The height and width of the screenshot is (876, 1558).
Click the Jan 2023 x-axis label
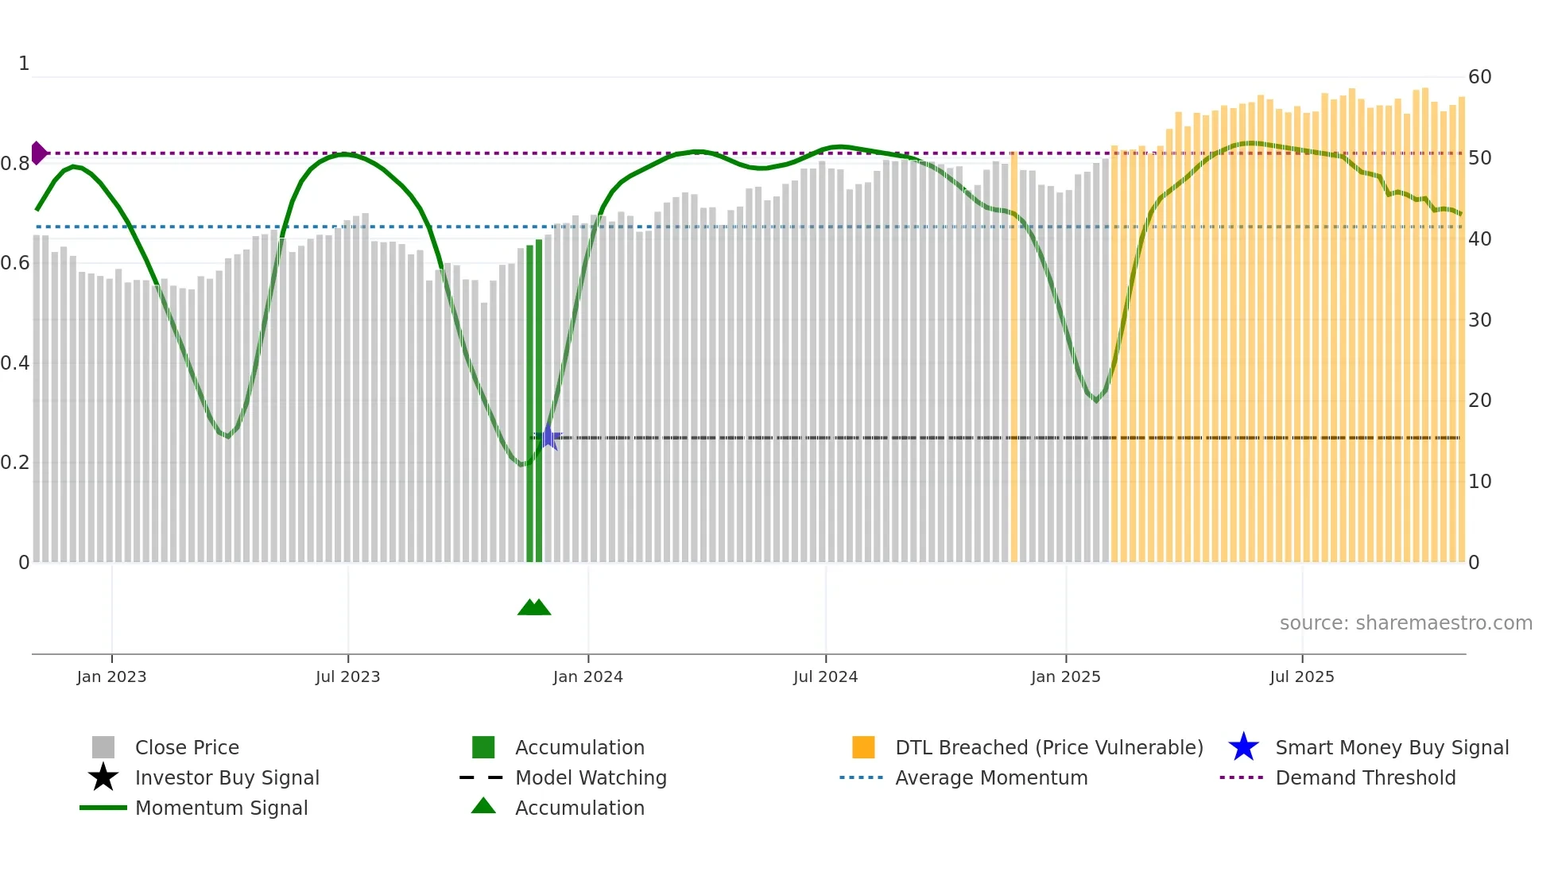111,676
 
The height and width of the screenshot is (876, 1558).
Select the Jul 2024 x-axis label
825,676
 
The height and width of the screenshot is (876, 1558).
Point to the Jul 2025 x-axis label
1301,676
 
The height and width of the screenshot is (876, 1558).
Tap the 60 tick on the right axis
1479,77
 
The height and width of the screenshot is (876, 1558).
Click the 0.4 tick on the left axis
15,363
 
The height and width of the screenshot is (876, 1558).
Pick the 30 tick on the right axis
1479,320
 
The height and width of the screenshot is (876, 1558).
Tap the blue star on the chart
548,436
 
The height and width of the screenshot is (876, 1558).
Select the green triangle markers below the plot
534,607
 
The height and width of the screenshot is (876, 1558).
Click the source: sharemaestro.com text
1405,623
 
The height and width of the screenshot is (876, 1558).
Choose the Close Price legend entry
187,747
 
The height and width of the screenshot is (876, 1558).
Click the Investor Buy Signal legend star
103,777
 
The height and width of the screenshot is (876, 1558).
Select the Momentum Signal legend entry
221,808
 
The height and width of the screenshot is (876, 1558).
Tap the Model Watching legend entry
590,777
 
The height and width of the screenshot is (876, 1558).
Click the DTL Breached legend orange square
863,747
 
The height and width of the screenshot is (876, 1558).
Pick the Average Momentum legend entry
990,777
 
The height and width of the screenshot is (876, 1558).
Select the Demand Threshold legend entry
1365,777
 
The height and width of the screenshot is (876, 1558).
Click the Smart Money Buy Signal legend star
1243,747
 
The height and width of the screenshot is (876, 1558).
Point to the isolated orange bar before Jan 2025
1013,358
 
